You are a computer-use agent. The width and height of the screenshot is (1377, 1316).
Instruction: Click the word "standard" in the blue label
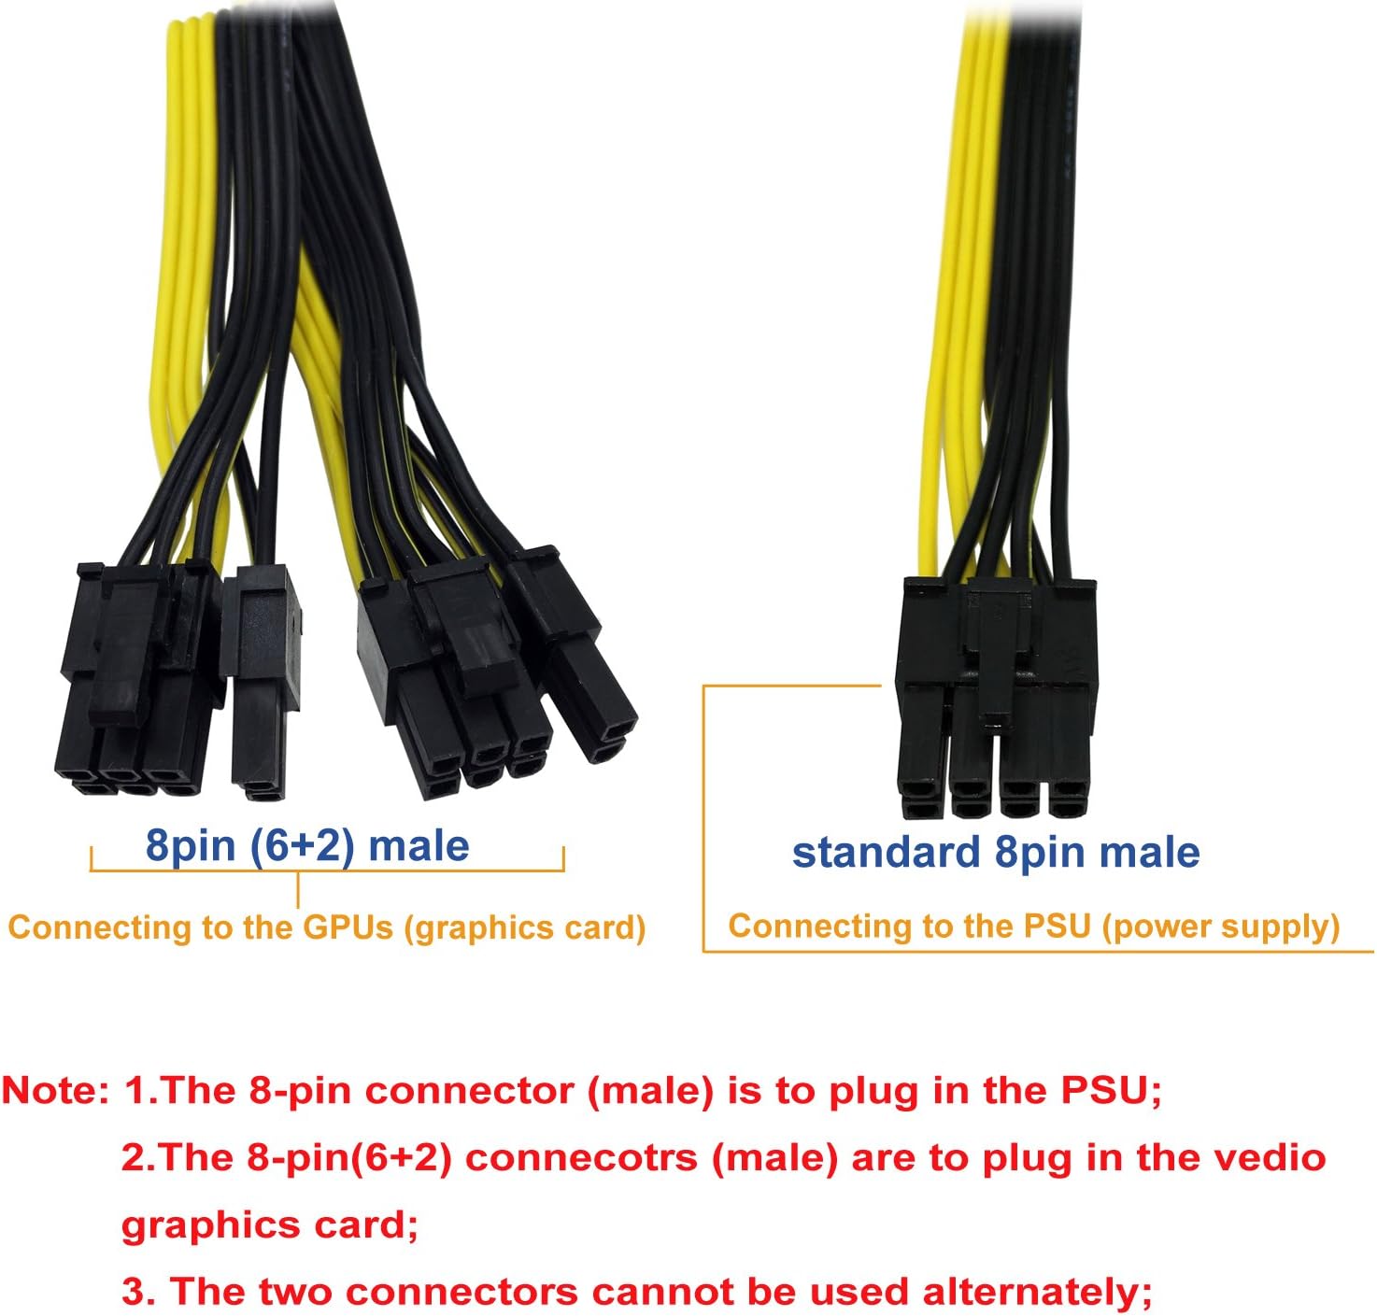[885, 853]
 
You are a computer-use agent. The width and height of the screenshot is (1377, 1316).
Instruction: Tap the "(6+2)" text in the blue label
[303, 845]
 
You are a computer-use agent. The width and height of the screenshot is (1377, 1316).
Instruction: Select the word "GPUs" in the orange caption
[348, 927]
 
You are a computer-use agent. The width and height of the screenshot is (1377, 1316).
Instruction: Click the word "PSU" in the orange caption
[1058, 926]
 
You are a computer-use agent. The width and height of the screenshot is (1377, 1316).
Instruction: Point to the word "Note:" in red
[56, 1091]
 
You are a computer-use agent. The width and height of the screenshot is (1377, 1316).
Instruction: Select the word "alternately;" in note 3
[1037, 1292]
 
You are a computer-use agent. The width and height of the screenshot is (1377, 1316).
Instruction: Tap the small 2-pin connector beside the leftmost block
[262, 682]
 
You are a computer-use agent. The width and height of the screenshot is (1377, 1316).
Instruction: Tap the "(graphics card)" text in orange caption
[525, 927]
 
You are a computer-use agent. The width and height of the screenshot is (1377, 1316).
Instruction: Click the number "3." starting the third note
[140, 1292]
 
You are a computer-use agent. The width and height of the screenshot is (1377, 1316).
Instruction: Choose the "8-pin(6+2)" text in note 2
[349, 1158]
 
